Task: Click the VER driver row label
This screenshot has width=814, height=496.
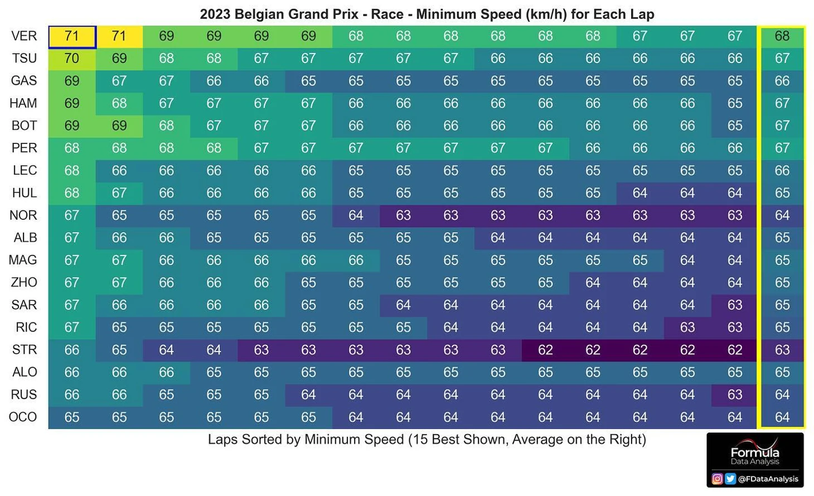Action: click(x=24, y=36)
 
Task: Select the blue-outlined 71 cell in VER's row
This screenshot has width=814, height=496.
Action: click(x=72, y=37)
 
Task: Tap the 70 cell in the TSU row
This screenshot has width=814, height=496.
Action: click(x=72, y=59)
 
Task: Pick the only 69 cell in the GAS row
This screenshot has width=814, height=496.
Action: click(x=72, y=81)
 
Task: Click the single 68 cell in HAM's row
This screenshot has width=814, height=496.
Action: click(x=119, y=103)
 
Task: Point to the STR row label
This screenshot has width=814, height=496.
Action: click(x=24, y=350)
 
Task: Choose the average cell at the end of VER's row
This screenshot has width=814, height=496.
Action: click(x=782, y=36)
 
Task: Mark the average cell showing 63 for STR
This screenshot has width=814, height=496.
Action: click(x=782, y=350)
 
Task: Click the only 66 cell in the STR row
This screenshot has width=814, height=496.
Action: click(x=72, y=350)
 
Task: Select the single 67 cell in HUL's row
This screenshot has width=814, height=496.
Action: click(x=119, y=193)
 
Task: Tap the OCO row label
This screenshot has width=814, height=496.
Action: click(x=23, y=417)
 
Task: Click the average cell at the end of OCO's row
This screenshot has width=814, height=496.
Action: click(x=782, y=417)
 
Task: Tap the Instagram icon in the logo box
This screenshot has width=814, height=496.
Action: click(x=718, y=479)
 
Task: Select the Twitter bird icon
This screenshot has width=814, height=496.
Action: click(x=730, y=479)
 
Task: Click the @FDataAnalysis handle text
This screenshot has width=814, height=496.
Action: click(x=768, y=479)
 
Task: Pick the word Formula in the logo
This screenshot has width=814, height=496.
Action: click(x=755, y=452)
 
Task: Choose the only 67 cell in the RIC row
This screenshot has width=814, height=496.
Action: click(x=72, y=328)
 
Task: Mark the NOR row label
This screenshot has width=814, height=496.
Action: click(x=23, y=215)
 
